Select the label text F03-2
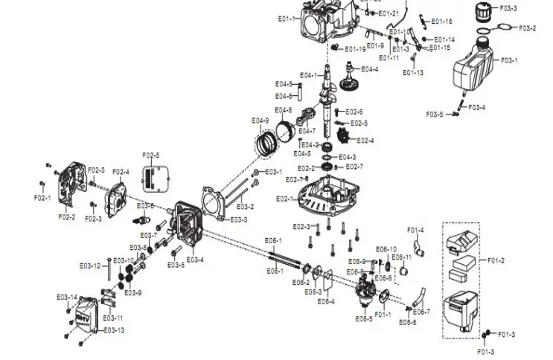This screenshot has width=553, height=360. coord(527,28)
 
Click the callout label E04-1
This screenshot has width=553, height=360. coord(308,75)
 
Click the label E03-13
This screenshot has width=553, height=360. coord(114,330)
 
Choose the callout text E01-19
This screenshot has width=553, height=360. coord(355,49)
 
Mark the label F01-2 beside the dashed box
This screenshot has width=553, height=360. coord(496,260)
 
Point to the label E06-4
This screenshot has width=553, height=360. coord(326,301)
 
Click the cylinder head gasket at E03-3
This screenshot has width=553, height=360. coord(214,203)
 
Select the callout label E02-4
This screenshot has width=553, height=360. coord(365,141)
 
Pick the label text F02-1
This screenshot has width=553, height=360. coord(42,198)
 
